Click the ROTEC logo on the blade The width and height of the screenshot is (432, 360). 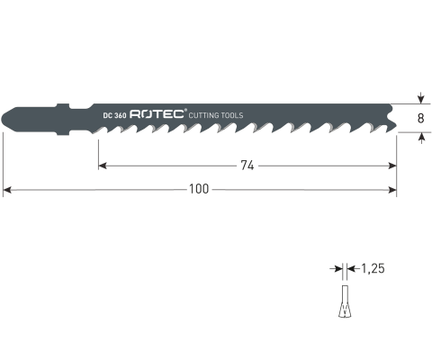157,114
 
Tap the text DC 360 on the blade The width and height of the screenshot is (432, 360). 114,115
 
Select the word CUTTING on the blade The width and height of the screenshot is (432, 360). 206,115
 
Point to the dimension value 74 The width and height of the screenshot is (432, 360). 245,165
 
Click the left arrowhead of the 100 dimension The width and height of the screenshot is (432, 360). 7,189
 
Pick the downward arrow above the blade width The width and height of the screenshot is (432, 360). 420,99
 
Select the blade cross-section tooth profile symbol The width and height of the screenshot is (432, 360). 342,301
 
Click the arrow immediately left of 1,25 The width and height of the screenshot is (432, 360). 352,269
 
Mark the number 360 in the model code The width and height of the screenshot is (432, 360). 120,115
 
